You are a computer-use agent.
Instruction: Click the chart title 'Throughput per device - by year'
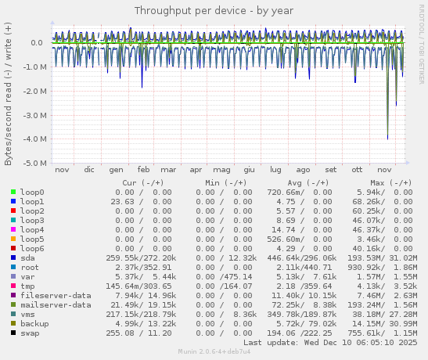(x=214, y=11)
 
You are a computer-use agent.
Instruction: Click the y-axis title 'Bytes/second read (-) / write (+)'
(x=9, y=92)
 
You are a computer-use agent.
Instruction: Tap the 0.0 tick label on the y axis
(x=36, y=43)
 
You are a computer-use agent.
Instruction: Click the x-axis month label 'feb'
(x=143, y=169)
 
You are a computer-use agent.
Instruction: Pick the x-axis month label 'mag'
(x=222, y=169)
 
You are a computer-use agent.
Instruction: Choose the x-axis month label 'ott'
(x=357, y=169)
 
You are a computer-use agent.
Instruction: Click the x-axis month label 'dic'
(x=89, y=169)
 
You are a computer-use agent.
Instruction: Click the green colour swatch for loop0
(x=13, y=192)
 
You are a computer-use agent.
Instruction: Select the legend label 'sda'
(x=27, y=257)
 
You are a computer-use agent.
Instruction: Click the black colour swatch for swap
(x=13, y=333)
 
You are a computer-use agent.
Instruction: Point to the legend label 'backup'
(x=34, y=323)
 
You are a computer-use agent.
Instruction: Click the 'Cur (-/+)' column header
(x=147, y=182)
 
